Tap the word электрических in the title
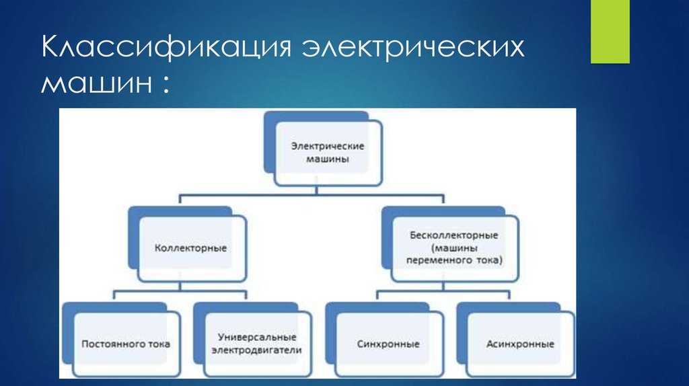[413, 46]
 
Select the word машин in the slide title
[97, 82]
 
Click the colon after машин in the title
[166, 83]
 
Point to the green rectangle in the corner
[610, 32]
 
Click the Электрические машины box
[324, 149]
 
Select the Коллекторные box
[188, 244]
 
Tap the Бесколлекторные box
[450, 244]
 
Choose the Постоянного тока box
[122, 340]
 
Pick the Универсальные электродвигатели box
[253, 340]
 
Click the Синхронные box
[384, 340]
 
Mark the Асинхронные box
[516, 340]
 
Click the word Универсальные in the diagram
[257, 338]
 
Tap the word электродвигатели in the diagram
[256, 350]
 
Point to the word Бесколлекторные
[454, 235]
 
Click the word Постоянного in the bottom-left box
[108, 344]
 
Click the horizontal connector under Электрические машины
[312, 194]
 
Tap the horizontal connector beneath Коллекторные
[180, 291]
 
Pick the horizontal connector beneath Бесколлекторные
[443, 291]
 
